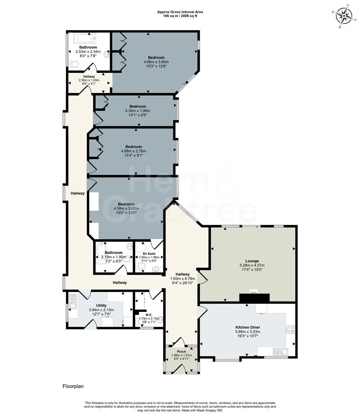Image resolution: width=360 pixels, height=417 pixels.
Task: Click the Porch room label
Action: [x=181, y=352]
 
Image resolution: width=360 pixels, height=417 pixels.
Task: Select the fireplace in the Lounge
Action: [x=255, y=297]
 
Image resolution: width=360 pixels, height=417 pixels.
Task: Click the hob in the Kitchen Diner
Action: [x=290, y=329]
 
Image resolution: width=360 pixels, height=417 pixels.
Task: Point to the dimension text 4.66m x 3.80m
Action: [x=156, y=62]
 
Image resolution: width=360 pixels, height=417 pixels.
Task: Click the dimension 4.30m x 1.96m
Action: [x=138, y=110]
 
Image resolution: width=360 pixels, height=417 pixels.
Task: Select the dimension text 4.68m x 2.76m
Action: [x=133, y=151]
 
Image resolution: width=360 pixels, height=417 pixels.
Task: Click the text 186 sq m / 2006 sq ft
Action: [x=180, y=16]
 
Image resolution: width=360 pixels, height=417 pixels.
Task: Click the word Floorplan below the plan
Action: [x=73, y=386]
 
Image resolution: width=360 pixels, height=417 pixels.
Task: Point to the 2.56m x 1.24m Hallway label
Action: [x=89, y=80]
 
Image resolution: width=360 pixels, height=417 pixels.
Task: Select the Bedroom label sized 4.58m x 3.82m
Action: [x=126, y=204]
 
